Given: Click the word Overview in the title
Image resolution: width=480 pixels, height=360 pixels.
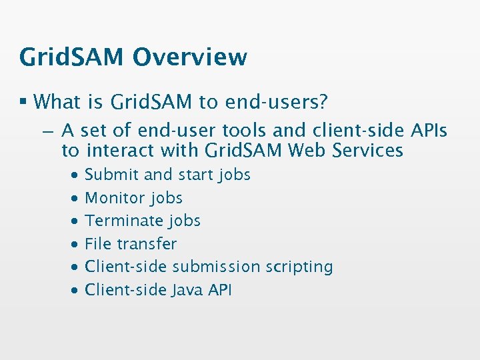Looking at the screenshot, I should tap(189, 57).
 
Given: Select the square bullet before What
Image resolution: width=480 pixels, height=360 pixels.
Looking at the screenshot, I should tap(23, 102).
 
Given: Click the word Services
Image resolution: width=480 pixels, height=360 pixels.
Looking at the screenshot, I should tap(371, 151).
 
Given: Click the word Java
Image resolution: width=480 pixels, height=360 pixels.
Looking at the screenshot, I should tap(187, 290).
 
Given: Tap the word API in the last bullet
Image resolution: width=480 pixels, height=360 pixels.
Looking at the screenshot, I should tap(220, 290).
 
